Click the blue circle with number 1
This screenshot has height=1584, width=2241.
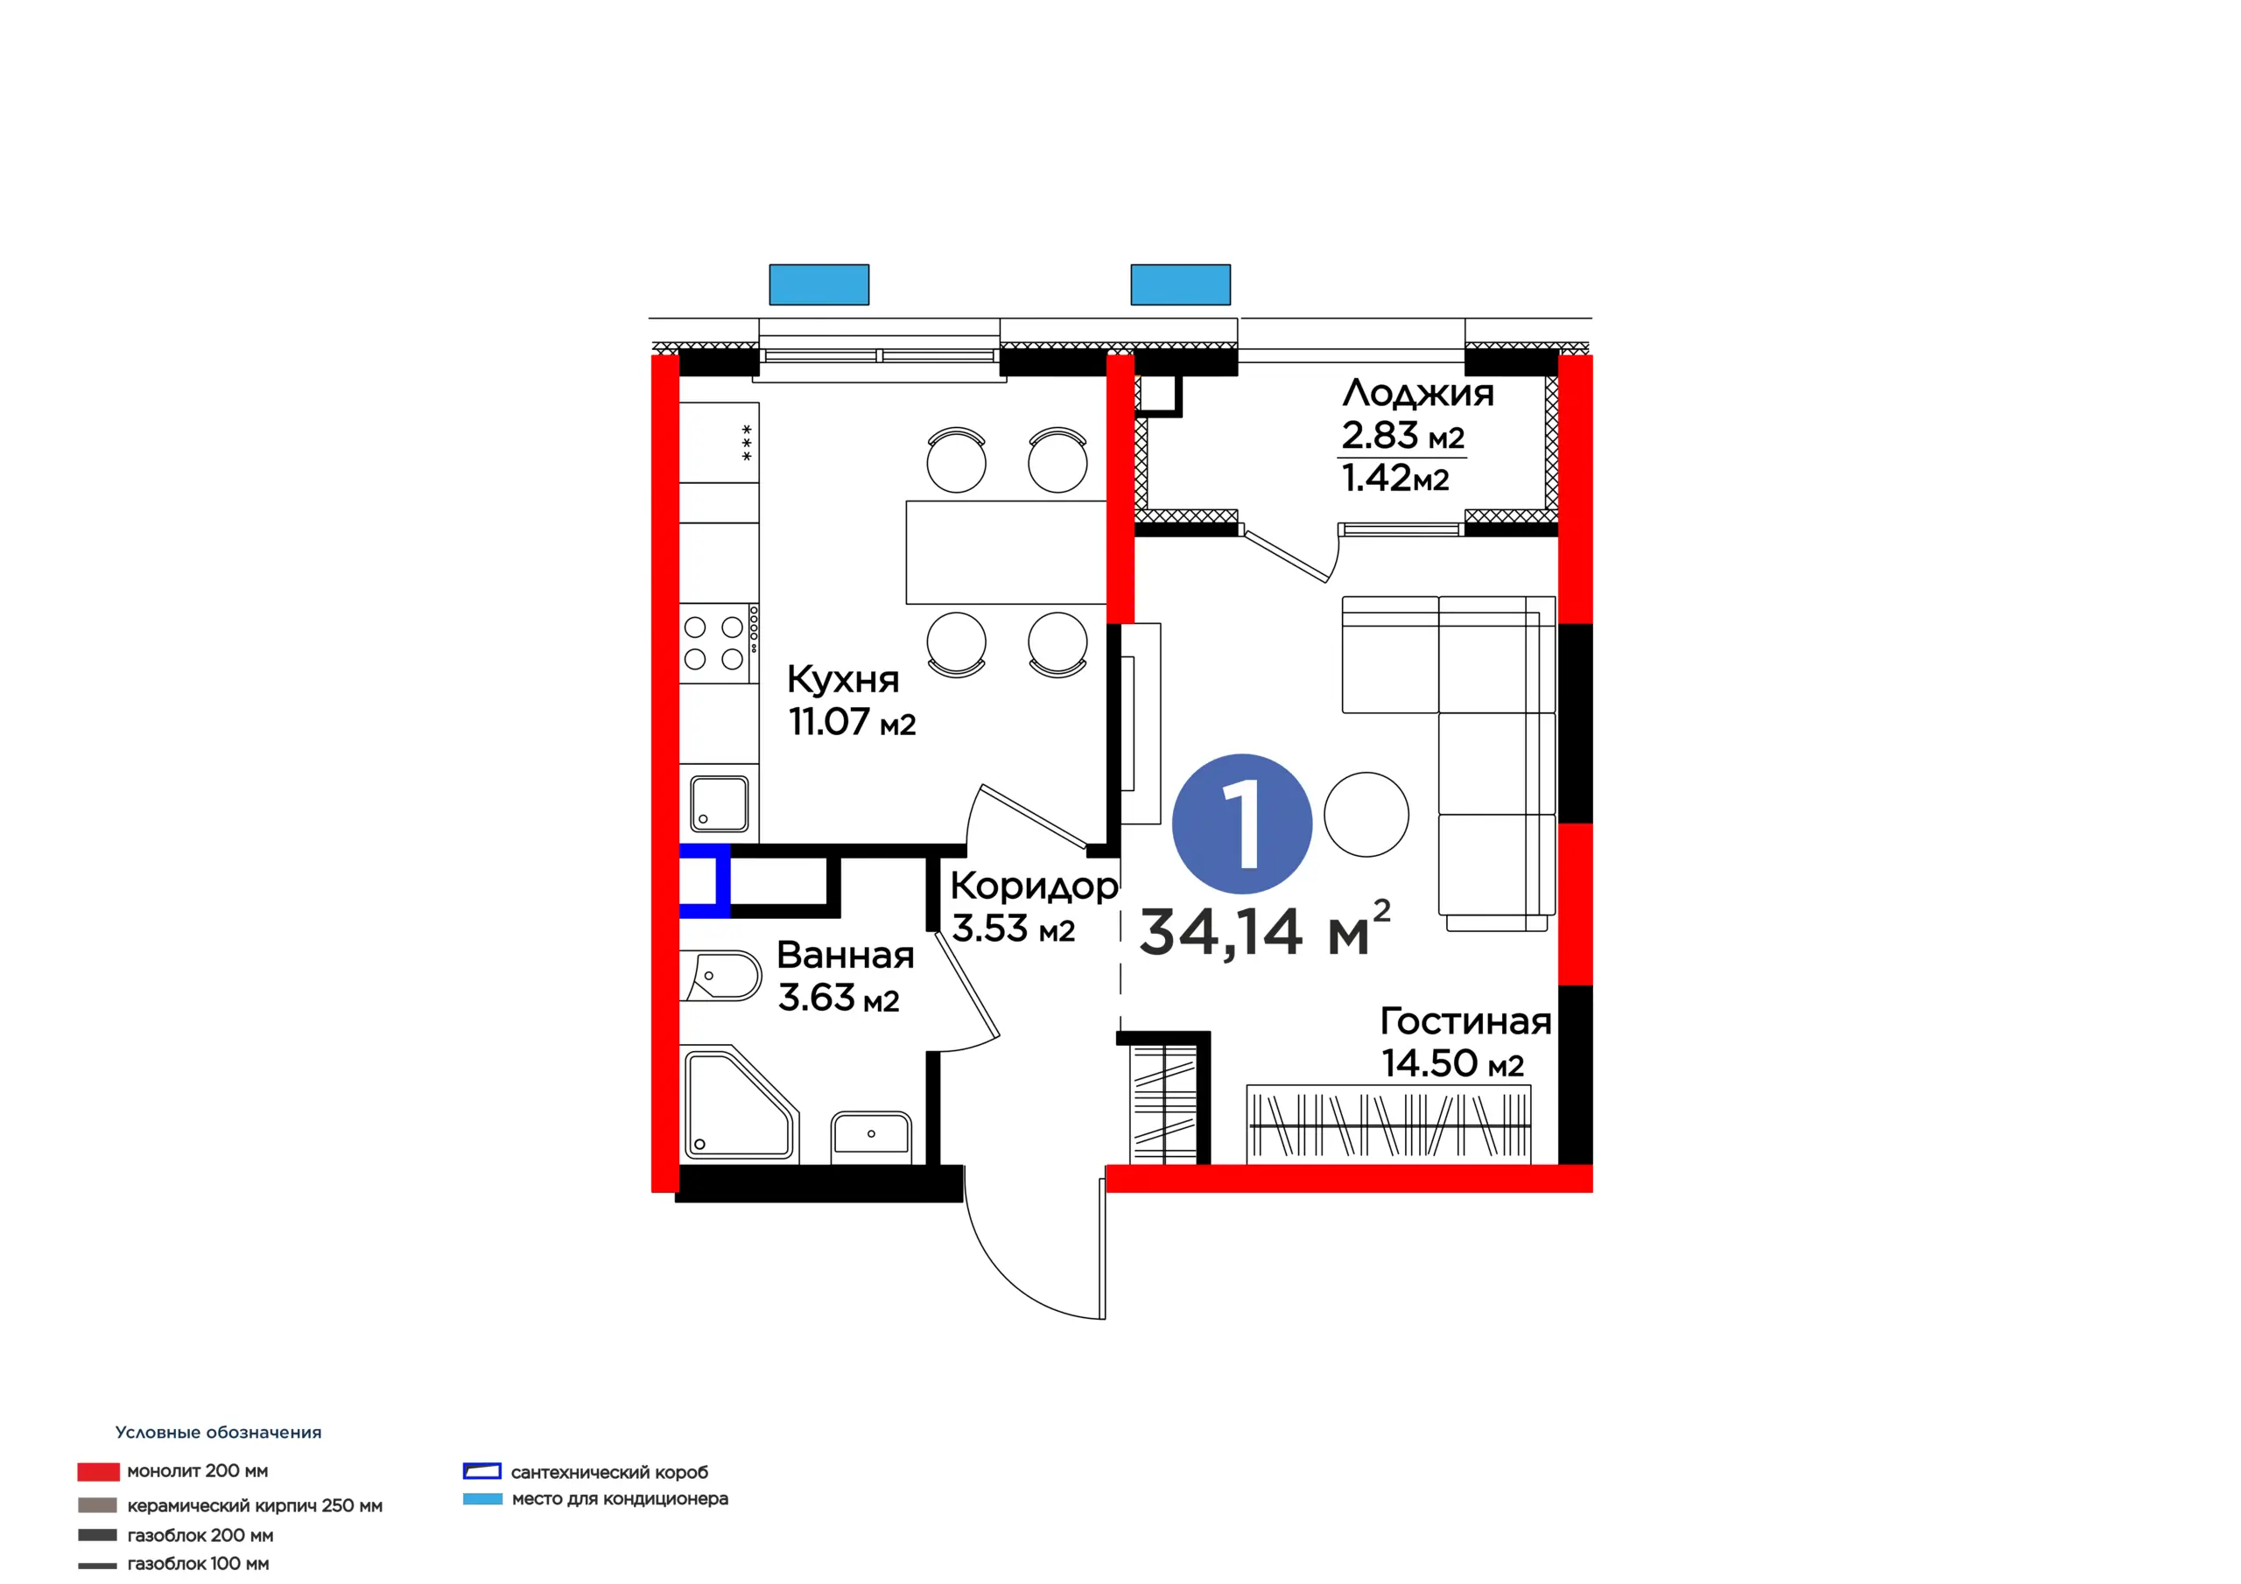click(1241, 823)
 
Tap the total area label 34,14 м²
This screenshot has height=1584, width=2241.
click(1265, 929)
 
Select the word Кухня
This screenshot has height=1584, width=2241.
click(843, 678)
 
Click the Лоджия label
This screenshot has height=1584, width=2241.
click(1418, 392)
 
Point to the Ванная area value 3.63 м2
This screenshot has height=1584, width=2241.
click(839, 998)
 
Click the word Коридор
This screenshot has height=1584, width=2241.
click(1035, 887)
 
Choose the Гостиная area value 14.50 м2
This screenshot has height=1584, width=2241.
click(1452, 1062)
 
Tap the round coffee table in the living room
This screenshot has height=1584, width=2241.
click(1366, 814)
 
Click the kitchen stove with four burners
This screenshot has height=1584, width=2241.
click(720, 643)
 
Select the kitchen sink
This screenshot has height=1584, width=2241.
click(720, 803)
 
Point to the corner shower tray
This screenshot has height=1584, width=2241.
click(740, 1104)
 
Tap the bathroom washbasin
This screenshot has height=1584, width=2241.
click(872, 1136)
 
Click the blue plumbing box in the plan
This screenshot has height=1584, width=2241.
click(705, 880)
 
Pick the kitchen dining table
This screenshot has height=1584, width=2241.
click(1007, 552)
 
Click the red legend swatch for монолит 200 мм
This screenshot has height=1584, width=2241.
click(99, 1471)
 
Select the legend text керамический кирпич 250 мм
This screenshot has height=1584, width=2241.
click(255, 1505)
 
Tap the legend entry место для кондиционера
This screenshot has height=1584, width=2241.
click(595, 1498)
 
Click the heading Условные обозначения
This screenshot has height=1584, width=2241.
click(219, 1432)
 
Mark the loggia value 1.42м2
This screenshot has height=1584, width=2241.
click(1395, 478)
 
